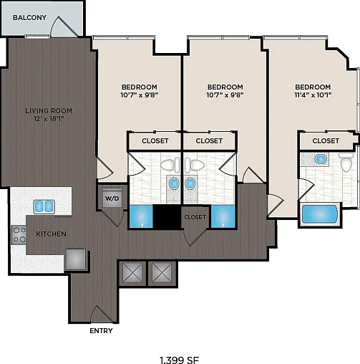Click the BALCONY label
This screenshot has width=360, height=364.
coord(29,18)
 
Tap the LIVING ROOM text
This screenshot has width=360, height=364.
coord(49,110)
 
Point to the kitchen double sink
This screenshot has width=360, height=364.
coord(44,206)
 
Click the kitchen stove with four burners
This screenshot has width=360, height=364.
coord(19,235)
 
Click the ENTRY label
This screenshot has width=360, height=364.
coord(101,331)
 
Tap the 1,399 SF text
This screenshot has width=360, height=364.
coord(179,360)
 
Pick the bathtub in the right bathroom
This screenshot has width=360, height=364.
coord(320,214)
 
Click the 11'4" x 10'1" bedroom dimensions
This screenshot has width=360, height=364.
coord(313,95)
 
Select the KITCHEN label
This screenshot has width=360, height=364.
coord(51,234)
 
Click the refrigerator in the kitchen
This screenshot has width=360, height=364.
coord(76,259)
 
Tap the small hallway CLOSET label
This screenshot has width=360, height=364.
coord(195,217)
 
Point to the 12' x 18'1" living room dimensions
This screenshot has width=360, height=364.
coord(49,118)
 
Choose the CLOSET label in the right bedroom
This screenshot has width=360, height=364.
coord(326,141)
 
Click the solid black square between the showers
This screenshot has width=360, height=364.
coord(167,217)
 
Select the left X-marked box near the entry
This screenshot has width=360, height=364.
coord(132,273)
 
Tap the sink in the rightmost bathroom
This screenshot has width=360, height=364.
coord(321,159)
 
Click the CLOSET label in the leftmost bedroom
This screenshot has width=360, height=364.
coord(155,141)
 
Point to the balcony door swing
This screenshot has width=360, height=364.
coord(64,27)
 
